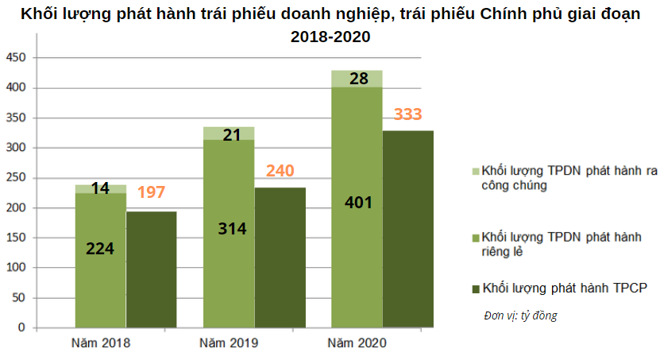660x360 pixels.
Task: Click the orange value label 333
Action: pos(407,114)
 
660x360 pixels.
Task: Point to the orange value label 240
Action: pos(280,171)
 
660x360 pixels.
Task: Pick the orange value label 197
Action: pos(152,192)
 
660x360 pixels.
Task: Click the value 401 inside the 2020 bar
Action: pos(358,202)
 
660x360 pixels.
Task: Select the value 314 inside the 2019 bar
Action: pos(232,229)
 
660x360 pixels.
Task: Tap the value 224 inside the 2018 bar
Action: pos(100,248)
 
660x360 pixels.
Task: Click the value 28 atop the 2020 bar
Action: pos(358,78)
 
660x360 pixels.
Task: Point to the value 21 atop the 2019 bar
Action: pos(232,135)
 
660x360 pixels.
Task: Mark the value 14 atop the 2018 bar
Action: pos(100,188)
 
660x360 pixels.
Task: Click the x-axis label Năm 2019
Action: pos(229,343)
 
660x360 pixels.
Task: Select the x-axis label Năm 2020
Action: pos(357,343)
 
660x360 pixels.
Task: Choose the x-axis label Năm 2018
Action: pos(100,343)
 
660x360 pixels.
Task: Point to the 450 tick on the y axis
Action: pos(17,58)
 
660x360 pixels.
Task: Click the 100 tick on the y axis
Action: pos(17,268)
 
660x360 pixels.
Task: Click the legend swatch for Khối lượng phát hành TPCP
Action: pos(476,287)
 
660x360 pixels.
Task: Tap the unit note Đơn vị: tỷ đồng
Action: pos(520,315)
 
